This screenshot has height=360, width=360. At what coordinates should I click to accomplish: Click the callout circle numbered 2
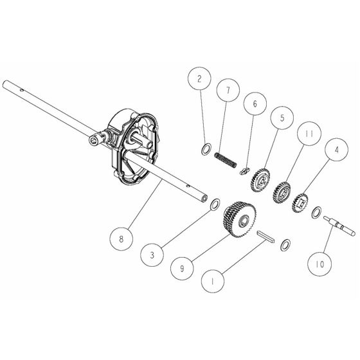[200, 80]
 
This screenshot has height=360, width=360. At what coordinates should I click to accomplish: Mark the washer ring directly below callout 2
[206, 149]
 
